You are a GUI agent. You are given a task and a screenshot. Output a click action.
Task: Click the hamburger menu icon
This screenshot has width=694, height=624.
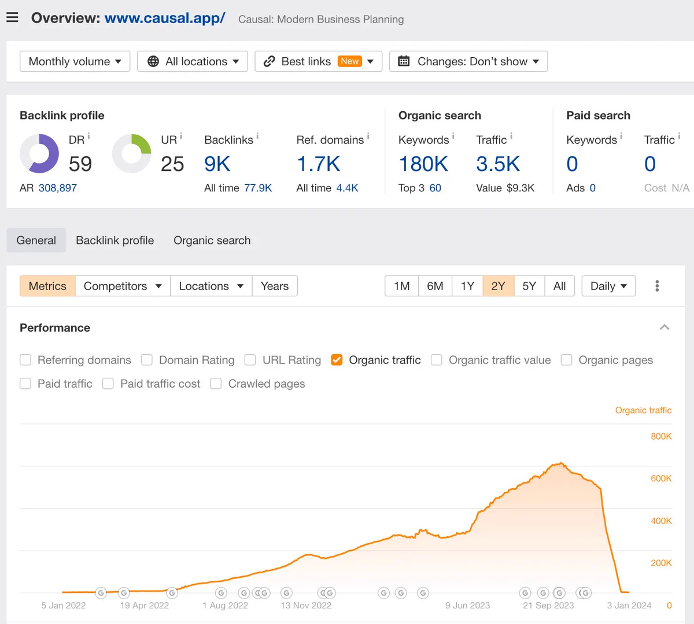coord(12,17)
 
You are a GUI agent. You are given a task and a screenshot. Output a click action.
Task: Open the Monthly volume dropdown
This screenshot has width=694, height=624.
coord(75,62)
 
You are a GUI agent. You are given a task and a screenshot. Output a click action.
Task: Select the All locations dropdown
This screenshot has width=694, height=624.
coord(193,62)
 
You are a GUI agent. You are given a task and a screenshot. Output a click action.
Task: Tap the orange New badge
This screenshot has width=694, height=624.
coord(349,61)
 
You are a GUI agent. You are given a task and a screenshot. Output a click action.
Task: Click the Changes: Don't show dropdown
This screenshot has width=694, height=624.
coord(468,62)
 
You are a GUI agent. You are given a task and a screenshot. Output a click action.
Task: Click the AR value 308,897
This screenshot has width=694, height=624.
coord(58,188)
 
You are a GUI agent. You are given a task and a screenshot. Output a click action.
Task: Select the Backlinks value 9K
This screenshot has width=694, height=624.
coord(217,164)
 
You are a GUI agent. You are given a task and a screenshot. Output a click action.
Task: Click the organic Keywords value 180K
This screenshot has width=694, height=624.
coord(423,164)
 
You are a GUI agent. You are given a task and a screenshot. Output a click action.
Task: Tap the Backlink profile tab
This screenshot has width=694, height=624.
coord(115,240)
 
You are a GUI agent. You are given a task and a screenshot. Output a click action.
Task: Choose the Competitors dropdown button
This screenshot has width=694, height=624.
coord(123,286)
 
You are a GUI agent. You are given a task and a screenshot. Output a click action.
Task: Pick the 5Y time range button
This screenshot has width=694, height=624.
coord(529,286)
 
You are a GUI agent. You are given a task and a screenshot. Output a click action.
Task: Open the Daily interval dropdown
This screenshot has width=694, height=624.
coord(608,286)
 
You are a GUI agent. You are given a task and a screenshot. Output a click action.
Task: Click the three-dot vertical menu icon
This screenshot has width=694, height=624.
coord(657,286)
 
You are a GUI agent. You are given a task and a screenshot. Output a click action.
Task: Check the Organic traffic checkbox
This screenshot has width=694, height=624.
coord(337,360)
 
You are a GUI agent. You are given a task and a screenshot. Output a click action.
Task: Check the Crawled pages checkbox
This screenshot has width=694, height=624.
coord(216,384)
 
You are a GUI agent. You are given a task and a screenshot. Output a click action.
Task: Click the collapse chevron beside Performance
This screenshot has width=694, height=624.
coord(665,328)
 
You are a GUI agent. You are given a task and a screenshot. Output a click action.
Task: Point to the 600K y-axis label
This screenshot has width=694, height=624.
coord(661,478)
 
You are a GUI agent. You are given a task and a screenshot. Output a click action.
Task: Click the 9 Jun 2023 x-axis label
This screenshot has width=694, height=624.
coord(467,606)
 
